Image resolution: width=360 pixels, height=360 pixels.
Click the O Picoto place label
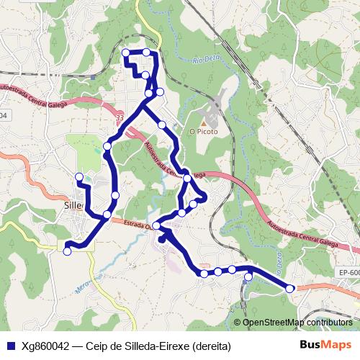coord(203,132)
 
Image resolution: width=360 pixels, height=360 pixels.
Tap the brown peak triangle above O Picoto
coord(203,122)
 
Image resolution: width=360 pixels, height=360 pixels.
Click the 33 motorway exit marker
coord(120,117)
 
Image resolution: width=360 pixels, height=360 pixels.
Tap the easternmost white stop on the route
coord(290,288)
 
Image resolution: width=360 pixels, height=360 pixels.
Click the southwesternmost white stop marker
coord(68,251)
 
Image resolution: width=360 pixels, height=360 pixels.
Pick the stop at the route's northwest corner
coord(126,52)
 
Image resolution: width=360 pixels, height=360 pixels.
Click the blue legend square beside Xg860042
coord(10,346)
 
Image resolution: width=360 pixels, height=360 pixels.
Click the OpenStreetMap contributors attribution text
coord(297,323)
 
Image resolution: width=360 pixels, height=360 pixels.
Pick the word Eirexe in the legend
coord(168,346)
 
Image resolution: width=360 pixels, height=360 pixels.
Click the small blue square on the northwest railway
coord(93,76)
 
